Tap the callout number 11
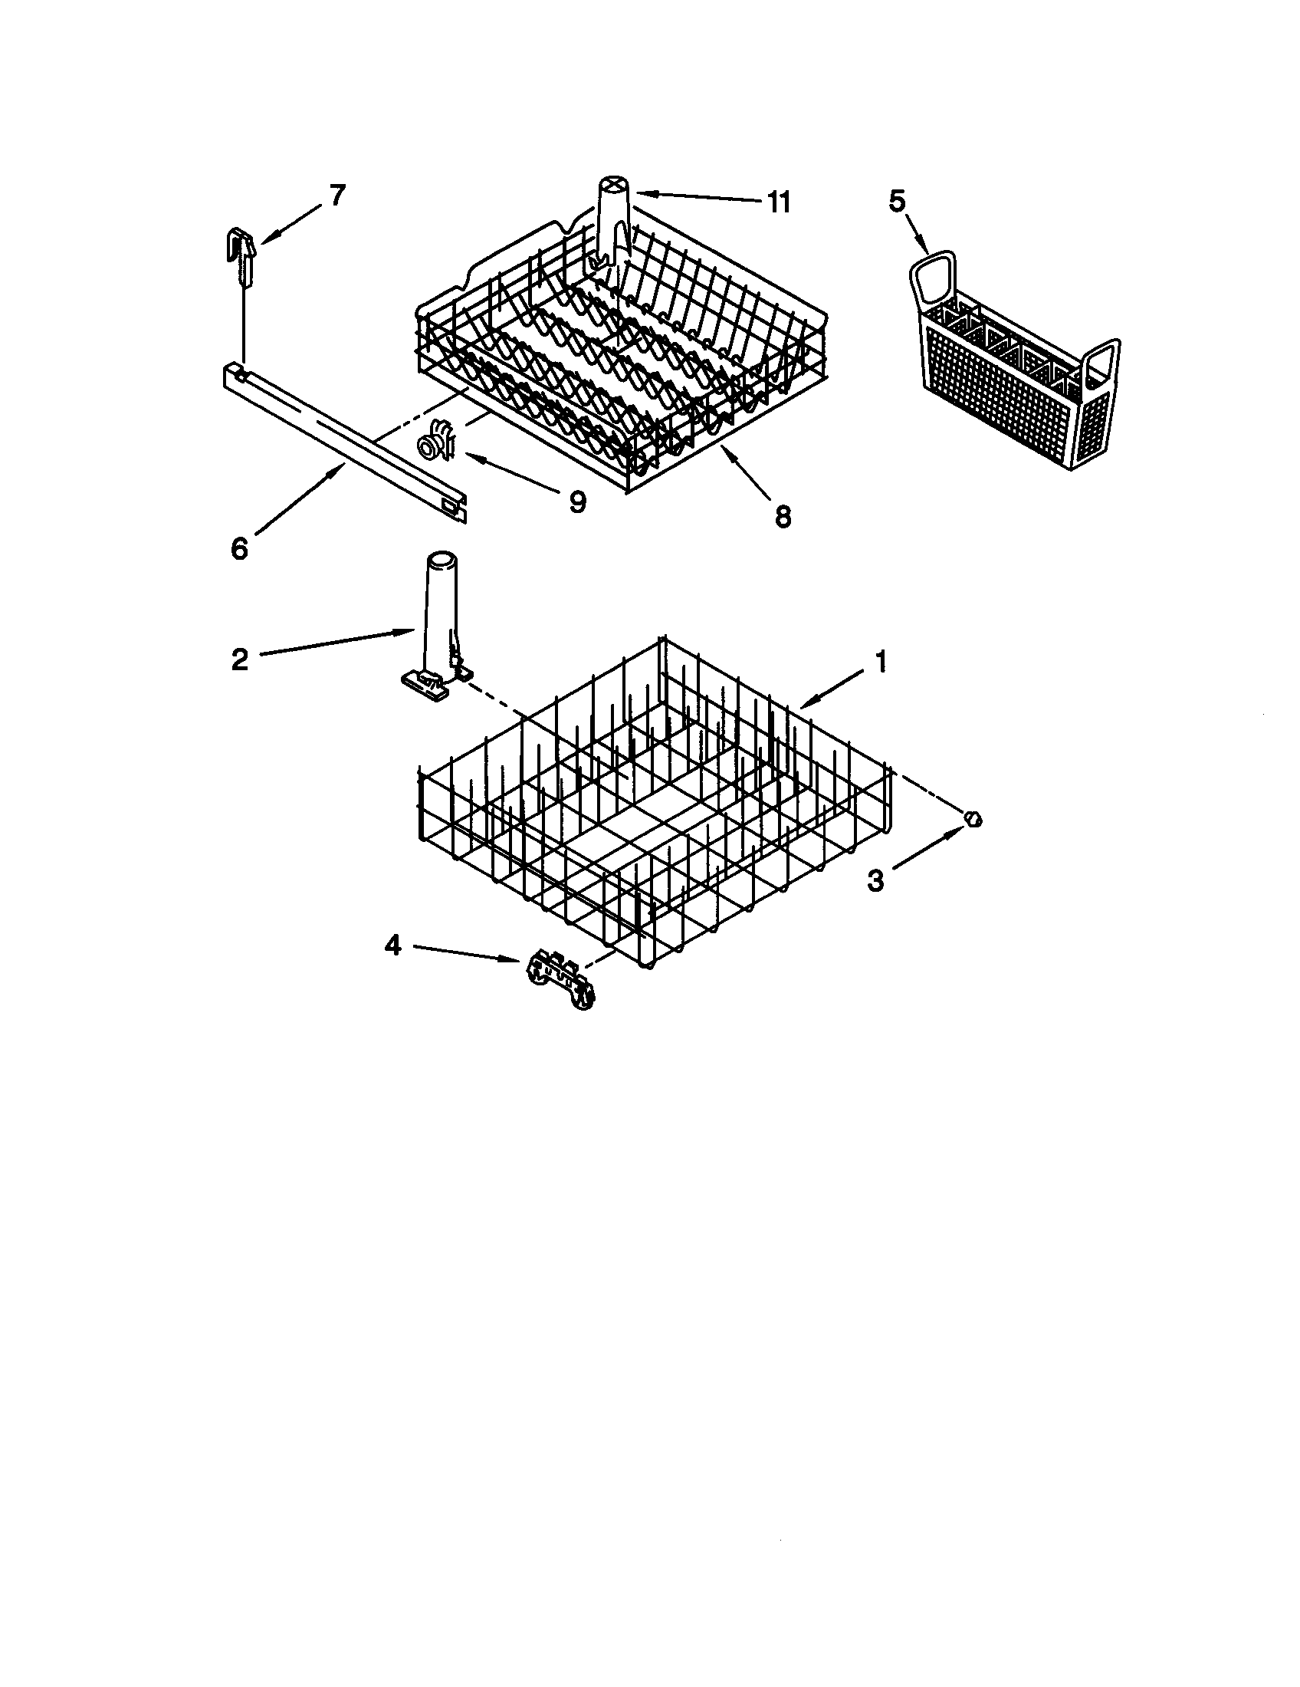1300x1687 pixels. (x=779, y=202)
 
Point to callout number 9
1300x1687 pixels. (x=576, y=501)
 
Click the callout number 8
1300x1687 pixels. (x=783, y=515)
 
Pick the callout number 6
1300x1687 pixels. (x=239, y=548)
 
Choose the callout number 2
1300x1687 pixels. (x=239, y=659)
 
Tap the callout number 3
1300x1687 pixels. (x=875, y=880)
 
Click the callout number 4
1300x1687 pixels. (x=393, y=945)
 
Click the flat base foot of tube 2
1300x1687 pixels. (x=425, y=682)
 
